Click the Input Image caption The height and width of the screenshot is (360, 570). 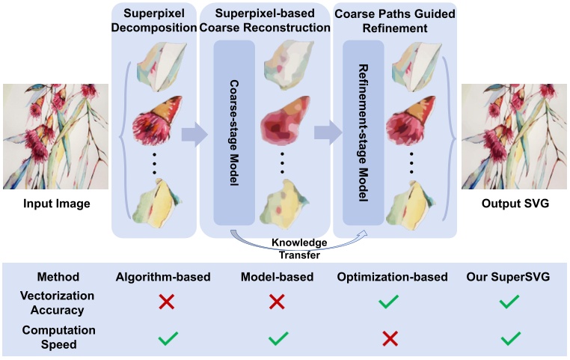pyautogui.click(x=57, y=204)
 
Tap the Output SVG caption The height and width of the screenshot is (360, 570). pyautogui.click(x=515, y=204)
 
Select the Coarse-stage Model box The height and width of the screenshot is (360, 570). pyautogui.click(x=234, y=132)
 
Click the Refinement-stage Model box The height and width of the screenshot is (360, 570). pyautogui.click(x=364, y=132)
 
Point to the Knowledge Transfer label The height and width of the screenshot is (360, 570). pyautogui.click(x=299, y=248)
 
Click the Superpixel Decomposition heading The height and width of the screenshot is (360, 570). pyautogui.click(x=154, y=20)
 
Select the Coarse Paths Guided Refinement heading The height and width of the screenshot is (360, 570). pyautogui.click(x=395, y=21)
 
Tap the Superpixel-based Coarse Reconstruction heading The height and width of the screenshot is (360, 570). pyautogui.click(x=265, y=20)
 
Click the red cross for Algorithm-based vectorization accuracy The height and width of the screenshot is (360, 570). pyautogui.click(x=167, y=302)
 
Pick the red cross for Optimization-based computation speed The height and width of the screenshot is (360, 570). pyautogui.click(x=390, y=339)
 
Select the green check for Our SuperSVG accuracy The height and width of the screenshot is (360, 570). pyautogui.click(x=509, y=302)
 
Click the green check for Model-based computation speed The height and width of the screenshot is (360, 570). pyautogui.click(x=278, y=338)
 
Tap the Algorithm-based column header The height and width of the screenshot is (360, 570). pyautogui.click(x=163, y=277)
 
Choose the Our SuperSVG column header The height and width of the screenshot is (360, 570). pyautogui.click(x=508, y=277)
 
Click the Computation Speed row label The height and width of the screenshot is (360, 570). pyautogui.click(x=58, y=337)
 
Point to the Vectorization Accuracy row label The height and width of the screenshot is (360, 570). pyautogui.click(x=57, y=303)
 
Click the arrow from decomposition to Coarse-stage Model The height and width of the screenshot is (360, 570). pyautogui.click(x=194, y=134)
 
